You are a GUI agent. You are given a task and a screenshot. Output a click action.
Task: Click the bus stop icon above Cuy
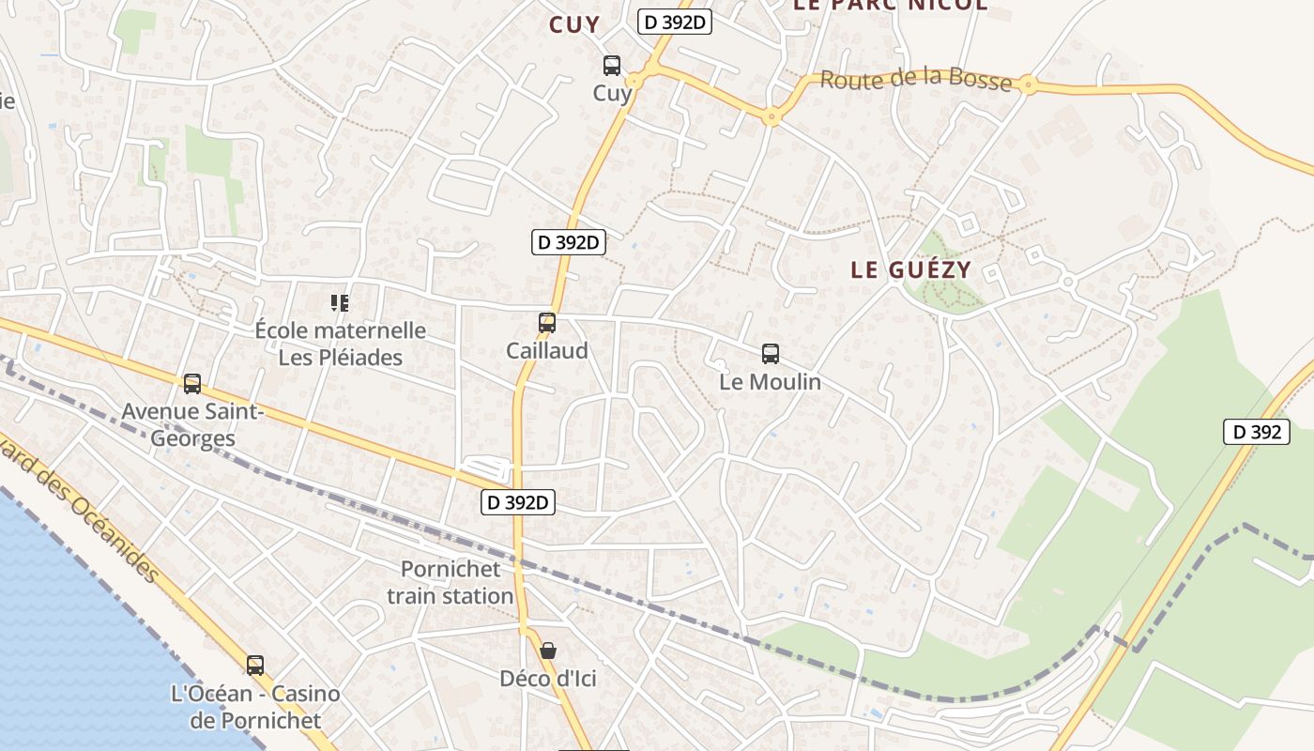pyautogui.click(x=611, y=66)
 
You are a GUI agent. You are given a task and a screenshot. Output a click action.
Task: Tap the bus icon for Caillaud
pyautogui.click(x=547, y=323)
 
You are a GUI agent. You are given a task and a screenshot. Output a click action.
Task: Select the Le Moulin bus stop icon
pyautogui.click(x=771, y=354)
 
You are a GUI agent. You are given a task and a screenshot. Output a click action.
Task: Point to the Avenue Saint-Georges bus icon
pyautogui.click(x=192, y=383)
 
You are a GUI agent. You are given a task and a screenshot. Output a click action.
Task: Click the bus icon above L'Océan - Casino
pyautogui.click(x=255, y=666)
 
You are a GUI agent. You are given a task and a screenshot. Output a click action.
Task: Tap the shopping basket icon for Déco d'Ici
pyautogui.click(x=548, y=650)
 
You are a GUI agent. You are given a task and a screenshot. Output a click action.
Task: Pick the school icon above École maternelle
pyautogui.click(x=340, y=302)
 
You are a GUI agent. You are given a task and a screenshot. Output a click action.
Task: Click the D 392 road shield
pyautogui.click(x=1256, y=432)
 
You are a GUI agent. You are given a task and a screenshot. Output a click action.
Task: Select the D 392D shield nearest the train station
pyautogui.click(x=518, y=502)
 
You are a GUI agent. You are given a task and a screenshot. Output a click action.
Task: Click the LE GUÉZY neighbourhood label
pyautogui.click(x=910, y=269)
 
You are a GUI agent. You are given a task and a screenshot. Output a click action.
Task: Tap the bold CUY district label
pyautogui.click(x=573, y=25)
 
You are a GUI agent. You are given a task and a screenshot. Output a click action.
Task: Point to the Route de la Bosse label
pyautogui.click(x=916, y=80)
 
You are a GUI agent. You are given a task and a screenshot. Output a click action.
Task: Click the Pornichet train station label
pyautogui.click(x=451, y=582)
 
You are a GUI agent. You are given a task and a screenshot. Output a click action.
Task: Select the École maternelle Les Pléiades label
pyautogui.click(x=341, y=344)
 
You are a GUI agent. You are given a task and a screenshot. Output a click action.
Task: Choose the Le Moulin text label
pyautogui.click(x=770, y=382)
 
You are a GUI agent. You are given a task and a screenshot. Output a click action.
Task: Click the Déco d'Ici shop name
pyautogui.click(x=548, y=679)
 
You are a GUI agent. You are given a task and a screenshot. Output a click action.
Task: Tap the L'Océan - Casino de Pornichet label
pyautogui.click(x=255, y=707)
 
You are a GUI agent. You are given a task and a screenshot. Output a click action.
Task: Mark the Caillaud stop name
pyautogui.click(x=547, y=351)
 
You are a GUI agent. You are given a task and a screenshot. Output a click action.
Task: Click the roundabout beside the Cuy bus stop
pyautogui.click(x=635, y=81)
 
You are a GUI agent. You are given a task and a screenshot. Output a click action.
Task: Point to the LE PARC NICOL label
pyautogui.click(x=890, y=5)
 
